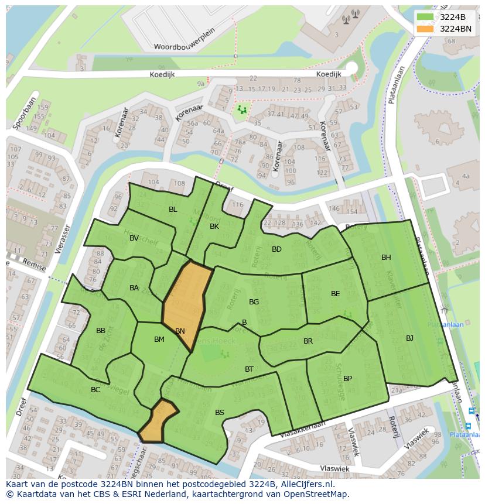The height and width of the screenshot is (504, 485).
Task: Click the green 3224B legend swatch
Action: point(425,17)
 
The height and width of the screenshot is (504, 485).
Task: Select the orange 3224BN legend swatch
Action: point(425,29)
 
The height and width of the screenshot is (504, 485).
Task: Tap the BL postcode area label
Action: point(173,210)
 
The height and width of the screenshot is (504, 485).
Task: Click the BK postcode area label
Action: point(214,227)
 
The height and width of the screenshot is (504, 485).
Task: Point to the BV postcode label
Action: point(134,238)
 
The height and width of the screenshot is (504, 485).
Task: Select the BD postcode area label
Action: point(277,249)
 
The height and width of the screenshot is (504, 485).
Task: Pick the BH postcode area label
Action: point(386,258)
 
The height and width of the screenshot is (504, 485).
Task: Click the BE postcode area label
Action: point(335,294)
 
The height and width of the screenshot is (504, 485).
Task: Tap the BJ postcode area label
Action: point(409,338)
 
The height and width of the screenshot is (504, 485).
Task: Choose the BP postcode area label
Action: point(347,379)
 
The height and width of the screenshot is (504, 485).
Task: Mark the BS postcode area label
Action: point(220,413)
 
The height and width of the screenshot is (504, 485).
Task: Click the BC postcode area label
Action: point(95,390)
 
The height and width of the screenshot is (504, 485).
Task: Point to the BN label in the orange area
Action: point(180,331)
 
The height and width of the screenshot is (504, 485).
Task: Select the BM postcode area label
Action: point(159,340)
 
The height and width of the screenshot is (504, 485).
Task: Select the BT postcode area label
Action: point(249,369)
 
